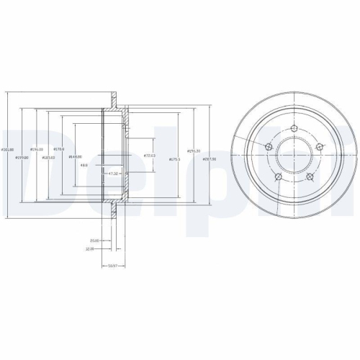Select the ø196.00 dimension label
(x=27, y=150)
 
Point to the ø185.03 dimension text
(x=49, y=157)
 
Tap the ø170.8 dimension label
(x=59, y=150)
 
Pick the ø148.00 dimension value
(x=75, y=157)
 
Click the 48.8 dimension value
(x=84, y=165)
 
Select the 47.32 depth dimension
(x=112, y=174)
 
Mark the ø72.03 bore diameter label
(x=150, y=156)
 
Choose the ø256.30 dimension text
(x=194, y=150)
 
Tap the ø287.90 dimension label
(x=210, y=159)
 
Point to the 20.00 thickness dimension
(x=94, y=240)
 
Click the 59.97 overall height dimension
(x=112, y=266)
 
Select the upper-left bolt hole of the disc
(x=268, y=147)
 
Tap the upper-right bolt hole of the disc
(x=319, y=147)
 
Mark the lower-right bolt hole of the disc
(x=310, y=177)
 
